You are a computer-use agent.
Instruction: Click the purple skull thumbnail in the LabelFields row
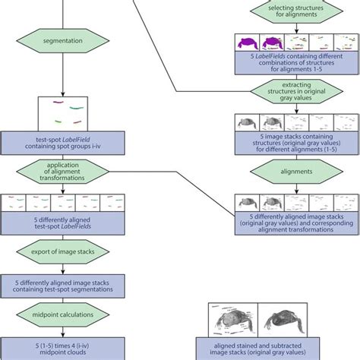[248, 43]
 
